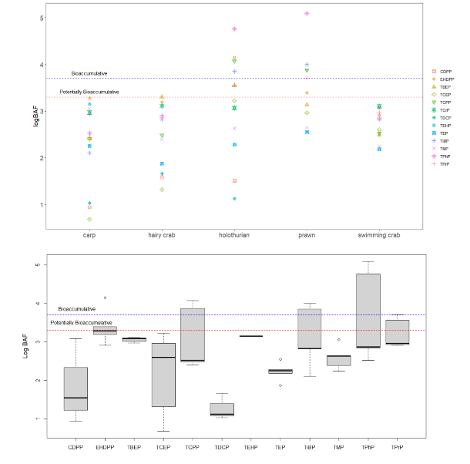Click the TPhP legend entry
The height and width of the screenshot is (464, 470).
(444, 156)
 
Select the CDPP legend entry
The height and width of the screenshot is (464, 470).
(444, 71)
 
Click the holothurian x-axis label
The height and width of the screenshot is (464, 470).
(233, 235)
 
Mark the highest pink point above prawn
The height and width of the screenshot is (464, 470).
(307, 13)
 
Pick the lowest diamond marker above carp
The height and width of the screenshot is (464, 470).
(89, 220)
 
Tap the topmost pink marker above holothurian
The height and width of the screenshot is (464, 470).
(234, 29)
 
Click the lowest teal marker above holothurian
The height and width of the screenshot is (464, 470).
(234, 199)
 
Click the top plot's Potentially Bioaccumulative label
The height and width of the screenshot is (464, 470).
(89, 92)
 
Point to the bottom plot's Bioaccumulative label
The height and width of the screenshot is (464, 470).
(77, 308)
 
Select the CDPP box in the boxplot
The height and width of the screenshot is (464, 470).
(76, 389)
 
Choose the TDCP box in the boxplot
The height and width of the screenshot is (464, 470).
(222, 409)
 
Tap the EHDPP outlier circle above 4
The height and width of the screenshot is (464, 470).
(105, 298)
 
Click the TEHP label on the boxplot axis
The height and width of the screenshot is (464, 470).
(251, 446)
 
